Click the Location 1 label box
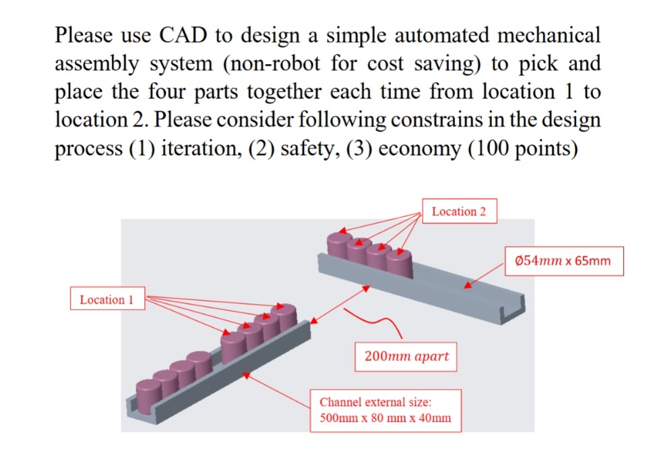[107, 299]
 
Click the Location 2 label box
[459, 212]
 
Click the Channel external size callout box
[386, 410]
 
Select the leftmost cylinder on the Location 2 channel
[338, 244]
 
